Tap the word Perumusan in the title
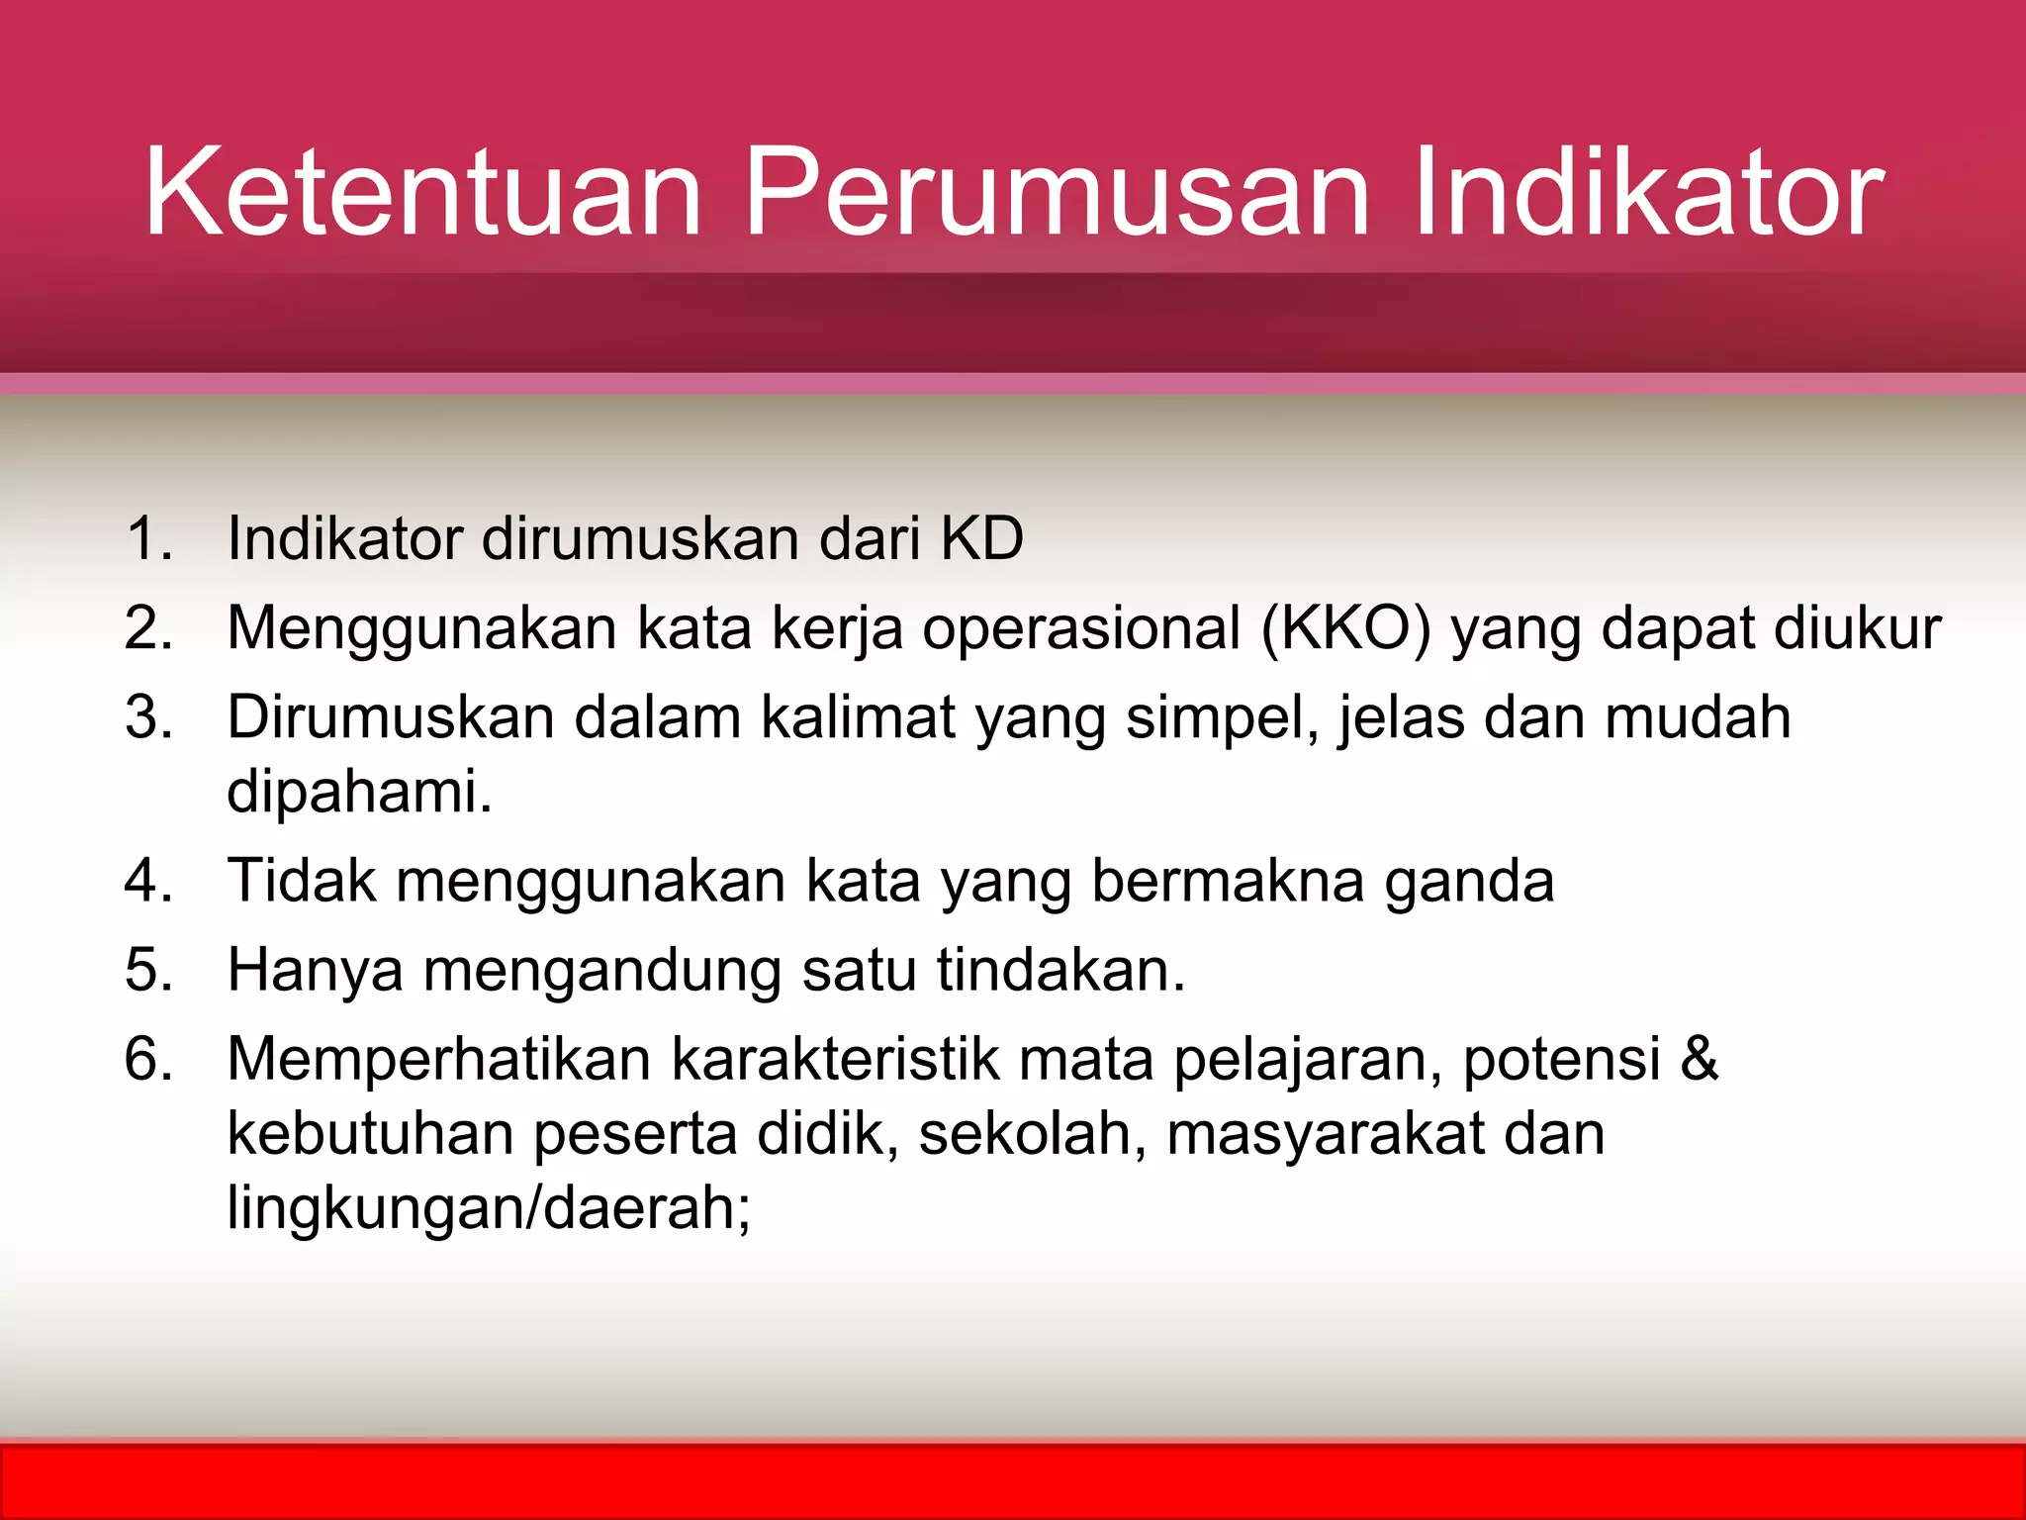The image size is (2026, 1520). click(x=1057, y=192)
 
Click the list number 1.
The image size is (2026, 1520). click(x=148, y=539)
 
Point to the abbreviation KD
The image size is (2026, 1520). click(x=981, y=539)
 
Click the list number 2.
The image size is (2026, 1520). click(x=148, y=628)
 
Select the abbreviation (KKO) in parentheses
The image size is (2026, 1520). click(x=1345, y=628)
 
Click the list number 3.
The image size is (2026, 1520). click(x=148, y=717)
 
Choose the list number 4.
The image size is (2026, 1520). click(x=148, y=881)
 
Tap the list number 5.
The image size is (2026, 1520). click(x=148, y=970)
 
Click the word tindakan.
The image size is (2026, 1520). click(x=1060, y=970)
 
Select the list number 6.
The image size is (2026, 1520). click(x=148, y=1059)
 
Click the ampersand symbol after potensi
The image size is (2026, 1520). click(x=1700, y=1059)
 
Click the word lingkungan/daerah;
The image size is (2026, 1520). click(x=489, y=1209)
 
